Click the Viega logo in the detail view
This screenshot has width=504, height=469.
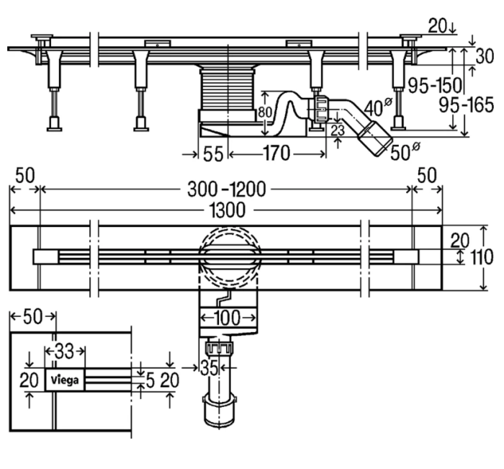point(65,380)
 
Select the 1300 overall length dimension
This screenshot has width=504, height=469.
point(228,210)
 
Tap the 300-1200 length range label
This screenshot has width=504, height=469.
point(227,189)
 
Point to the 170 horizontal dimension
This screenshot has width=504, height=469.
point(276,153)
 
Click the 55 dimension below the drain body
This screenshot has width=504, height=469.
point(213,154)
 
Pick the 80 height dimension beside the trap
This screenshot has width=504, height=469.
point(265,112)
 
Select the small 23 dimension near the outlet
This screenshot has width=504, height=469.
point(338,130)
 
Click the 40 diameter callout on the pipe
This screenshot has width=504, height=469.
point(378,108)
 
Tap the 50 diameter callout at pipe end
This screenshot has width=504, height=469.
point(405,152)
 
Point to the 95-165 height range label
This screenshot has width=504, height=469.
point(467,105)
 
